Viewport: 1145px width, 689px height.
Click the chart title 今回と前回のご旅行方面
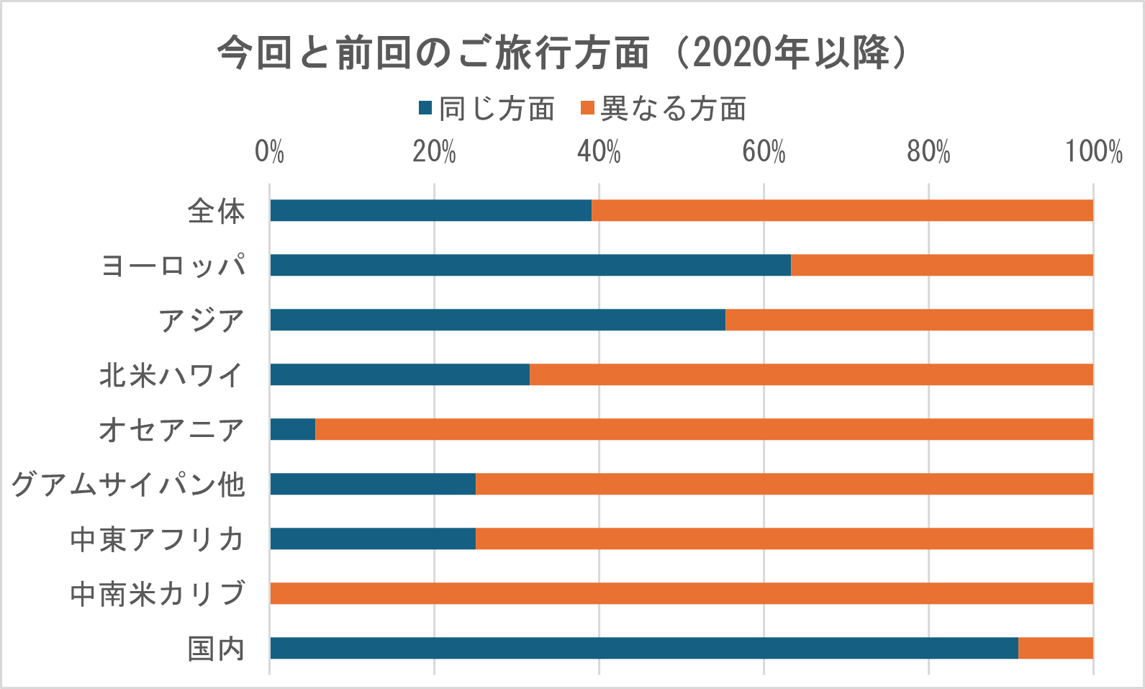(x=561, y=53)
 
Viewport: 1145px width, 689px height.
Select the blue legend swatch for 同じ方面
(x=425, y=109)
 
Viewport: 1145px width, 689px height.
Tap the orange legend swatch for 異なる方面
(x=587, y=109)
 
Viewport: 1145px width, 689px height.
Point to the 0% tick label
(x=269, y=153)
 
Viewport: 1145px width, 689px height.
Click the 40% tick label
(x=599, y=153)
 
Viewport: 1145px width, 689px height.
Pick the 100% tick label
(x=1093, y=153)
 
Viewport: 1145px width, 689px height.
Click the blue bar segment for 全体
(x=430, y=210)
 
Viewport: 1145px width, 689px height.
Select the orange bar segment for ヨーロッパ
(x=941, y=265)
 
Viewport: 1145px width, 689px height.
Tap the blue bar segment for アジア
(x=497, y=320)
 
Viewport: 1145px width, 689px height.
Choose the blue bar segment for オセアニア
(x=293, y=429)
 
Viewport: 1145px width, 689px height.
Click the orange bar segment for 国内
(x=1055, y=648)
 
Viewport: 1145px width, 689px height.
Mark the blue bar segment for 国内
(x=644, y=648)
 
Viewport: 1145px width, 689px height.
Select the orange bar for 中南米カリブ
(x=682, y=593)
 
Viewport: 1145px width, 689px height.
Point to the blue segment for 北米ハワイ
(x=399, y=374)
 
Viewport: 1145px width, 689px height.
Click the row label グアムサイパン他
(x=128, y=485)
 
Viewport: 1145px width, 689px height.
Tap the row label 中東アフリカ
(x=158, y=539)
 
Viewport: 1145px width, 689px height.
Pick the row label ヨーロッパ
(x=173, y=266)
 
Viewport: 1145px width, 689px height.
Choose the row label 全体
(x=216, y=211)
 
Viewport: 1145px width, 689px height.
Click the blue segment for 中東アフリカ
(x=373, y=539)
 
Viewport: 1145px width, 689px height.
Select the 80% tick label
(x=928, y=153)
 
